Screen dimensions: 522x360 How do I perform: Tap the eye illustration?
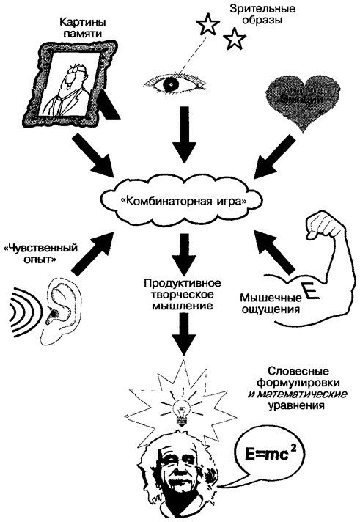coord(175,84)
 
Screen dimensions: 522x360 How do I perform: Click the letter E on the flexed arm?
coord(311,294)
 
